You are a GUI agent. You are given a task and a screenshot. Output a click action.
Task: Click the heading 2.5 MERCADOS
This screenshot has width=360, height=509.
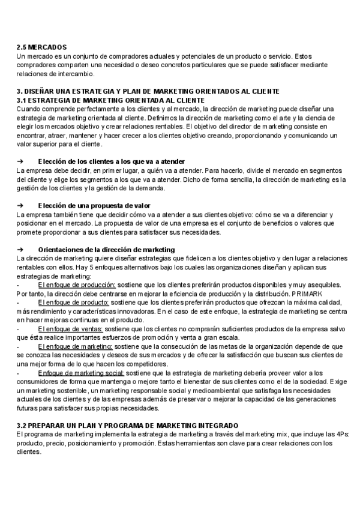pyautogui.click(x=41, y=47)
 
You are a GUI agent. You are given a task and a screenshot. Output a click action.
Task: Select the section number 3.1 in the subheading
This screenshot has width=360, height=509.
pyautogui.click(x=22, y=100)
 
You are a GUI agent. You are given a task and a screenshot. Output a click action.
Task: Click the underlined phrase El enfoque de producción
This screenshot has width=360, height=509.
pyautogui.click(x=77, y=285)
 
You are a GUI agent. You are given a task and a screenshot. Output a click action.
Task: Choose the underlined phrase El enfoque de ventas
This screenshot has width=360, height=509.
pyautogui.click(x=70, y=329)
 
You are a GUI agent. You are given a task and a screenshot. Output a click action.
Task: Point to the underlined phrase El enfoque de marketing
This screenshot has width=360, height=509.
pyautogui.click(x=74, y=347)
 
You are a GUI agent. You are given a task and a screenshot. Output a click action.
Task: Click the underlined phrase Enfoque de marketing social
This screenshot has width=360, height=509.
pyautogui.click(x=81, y=373)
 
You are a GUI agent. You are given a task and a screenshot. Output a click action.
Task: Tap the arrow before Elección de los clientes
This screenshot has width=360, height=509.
pyautogui.click(x=20, y=162)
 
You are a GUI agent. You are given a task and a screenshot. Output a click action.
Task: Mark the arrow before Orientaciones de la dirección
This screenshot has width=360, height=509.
pyautogui.click(x=20, y=249)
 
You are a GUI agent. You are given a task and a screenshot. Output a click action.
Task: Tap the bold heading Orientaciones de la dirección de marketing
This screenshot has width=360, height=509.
pyautogui.click(x=106, y=249)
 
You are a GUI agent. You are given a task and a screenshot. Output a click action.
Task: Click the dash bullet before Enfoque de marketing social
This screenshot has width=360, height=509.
pyautogui.click(x=18, y=373)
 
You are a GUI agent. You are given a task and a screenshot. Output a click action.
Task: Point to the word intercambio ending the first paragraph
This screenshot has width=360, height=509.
pyautogui.click(x=74, y=74)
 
